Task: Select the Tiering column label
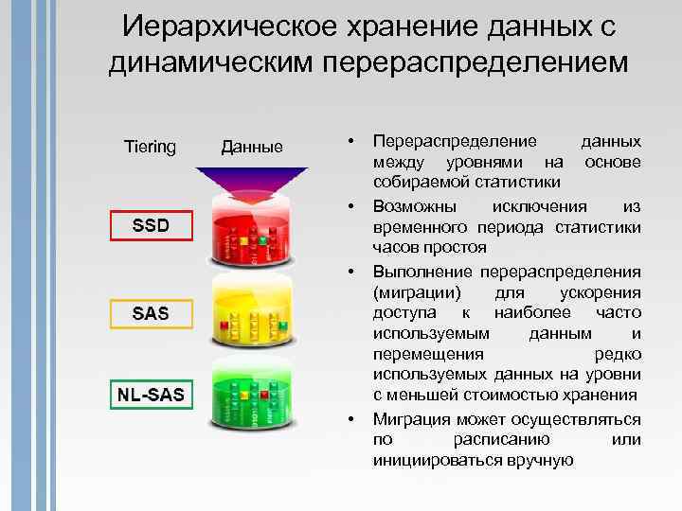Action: pos(150,147)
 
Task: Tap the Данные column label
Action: pos(251,147)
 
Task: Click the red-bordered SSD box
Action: pos(151,227)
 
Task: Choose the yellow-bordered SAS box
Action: pos(151,313)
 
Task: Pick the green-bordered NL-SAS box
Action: pos(151,393)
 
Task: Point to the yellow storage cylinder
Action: pos(251,312)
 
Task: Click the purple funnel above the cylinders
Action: pos(251,180)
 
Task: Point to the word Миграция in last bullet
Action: pos(412,419)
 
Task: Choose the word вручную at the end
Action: pos(541,461)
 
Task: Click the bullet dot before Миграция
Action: pos(350,418)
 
